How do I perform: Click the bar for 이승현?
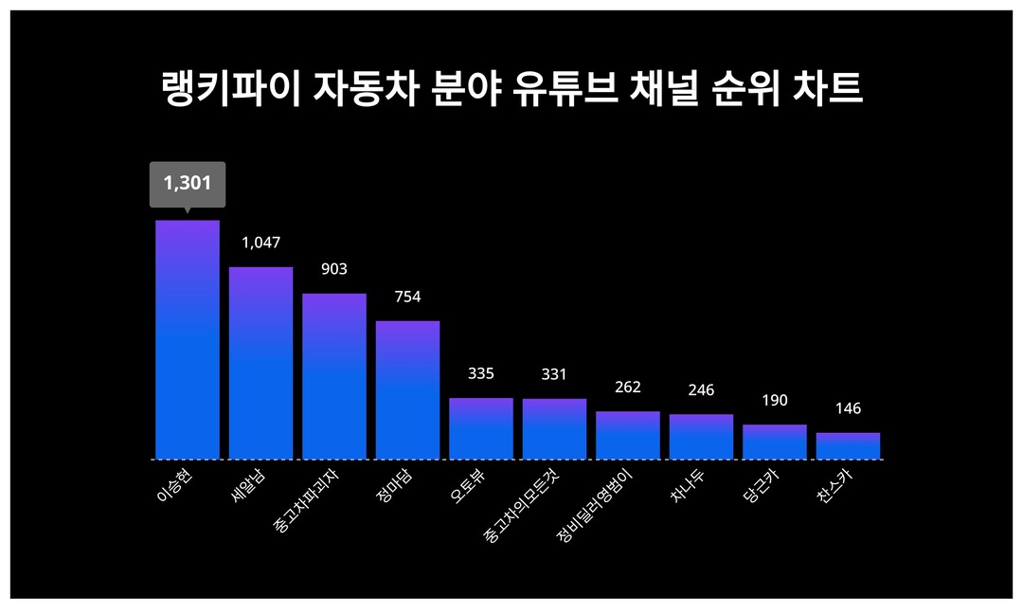(x=188, y=340)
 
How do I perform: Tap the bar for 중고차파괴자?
(x=334, y=376)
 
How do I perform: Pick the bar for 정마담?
(x=407, y=390)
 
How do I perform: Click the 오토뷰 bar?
(x=481, y=428)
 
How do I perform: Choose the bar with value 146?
(x=848, y=446)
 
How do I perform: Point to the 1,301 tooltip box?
(x=188, y=183)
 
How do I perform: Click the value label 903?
(x=334, y=269)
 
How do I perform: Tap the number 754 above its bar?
(x=407, y=297)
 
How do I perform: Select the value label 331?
(x=554, y=374)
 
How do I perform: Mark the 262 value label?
(x=628, y=387)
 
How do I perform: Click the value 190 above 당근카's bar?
(x=775, y=400)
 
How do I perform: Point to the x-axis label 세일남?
(x=248, y=484)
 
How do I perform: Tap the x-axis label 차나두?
(x=688, y=484)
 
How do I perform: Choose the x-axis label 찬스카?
(x=835, y=484)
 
